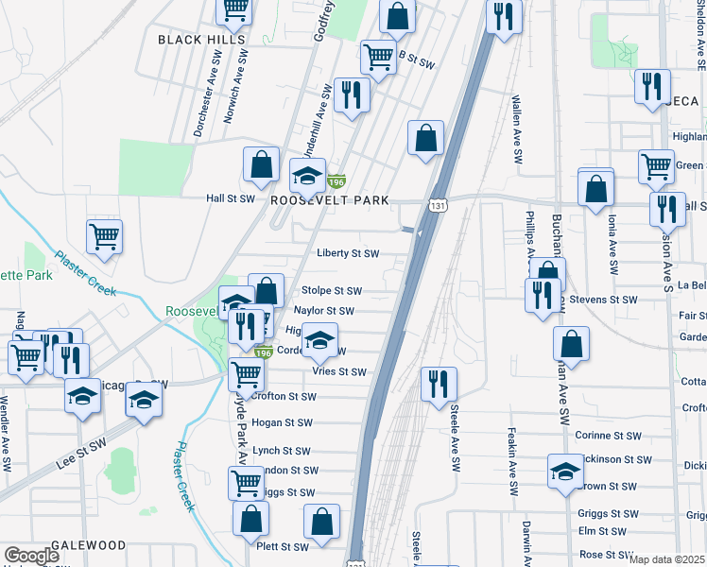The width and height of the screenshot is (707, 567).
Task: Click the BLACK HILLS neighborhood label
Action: click(201, 40)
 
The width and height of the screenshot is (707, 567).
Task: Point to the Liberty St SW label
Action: click(348, 253)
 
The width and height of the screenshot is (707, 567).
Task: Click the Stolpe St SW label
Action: click(331, 291)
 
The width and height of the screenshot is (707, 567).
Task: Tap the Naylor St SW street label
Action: click(323, 310)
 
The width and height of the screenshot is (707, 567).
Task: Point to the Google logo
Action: click(31, 556)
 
